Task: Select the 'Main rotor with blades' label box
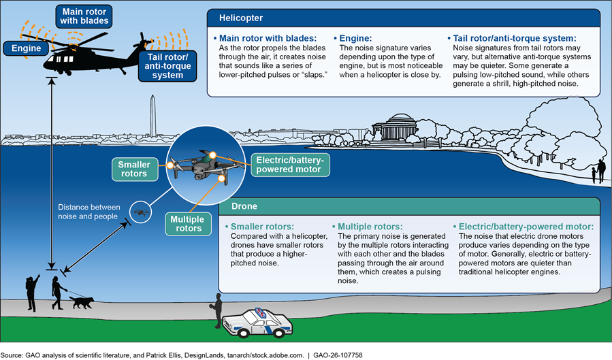[84, 16]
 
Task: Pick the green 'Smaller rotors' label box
[134, 169]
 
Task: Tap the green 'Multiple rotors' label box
[187, 224]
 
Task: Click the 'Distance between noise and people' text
[88, 212]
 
